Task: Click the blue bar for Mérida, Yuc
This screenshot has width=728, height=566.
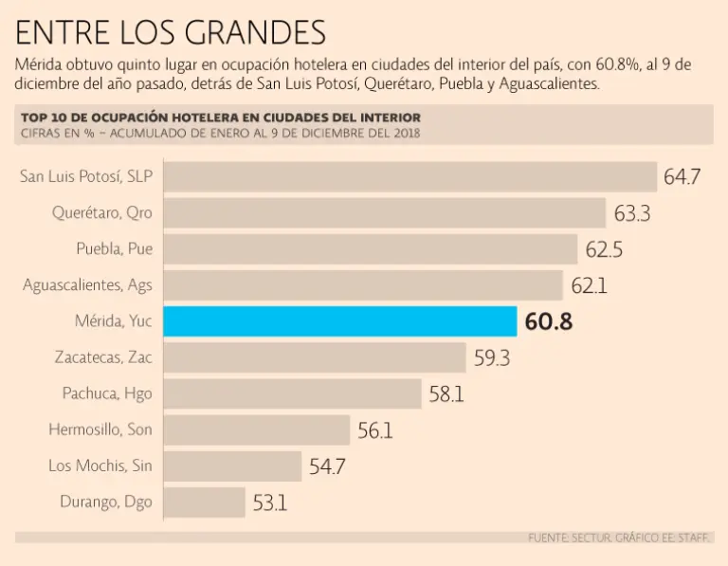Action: pyautogui.click(x=340, y=321)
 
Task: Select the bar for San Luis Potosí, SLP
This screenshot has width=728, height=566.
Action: pyautogui.click(x=410, y=177)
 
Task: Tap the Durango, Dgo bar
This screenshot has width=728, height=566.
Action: pyautogui.click(x=205, y=502)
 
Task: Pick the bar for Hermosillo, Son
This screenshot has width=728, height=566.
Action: pyautogui.click(x=257, y=429)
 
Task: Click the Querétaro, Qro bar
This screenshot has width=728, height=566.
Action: pyautogui.click(x=385, y=213)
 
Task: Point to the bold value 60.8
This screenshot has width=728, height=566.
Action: pyautogui.click(x=549, y=322)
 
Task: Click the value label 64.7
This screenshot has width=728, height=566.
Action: pyautogui.click(x=682, y=177)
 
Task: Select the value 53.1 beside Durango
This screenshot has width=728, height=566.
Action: pyautogui.click(x=269, y=502)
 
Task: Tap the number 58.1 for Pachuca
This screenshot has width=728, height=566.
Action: pyautogui.click(x=446, y=394)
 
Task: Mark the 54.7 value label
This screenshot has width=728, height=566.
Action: pyautogui.click(x=327, y=466)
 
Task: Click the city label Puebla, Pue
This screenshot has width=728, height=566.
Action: pyautogui.click(x=114, y=249)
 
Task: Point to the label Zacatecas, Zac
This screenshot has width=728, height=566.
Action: pyautogui.click(x=103, y=357)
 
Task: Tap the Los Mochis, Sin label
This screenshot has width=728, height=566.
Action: pyautogui.click(x=100, y=466)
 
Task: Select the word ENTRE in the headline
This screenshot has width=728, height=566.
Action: pyautogui.click(x=58, y=33)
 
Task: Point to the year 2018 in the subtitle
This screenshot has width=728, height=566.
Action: pyautogui.click(x=403, y=133)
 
